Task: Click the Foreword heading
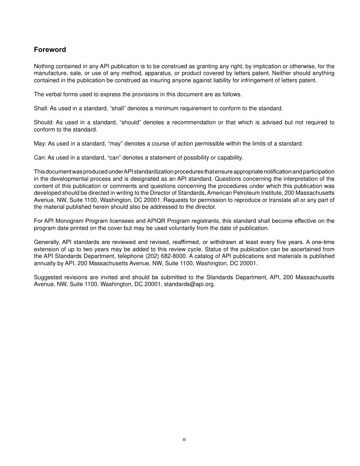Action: click(50, 50)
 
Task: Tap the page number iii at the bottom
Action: click(184, 439)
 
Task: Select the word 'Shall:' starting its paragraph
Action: click(41, 108)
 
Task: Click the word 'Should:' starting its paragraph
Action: click(43, 122)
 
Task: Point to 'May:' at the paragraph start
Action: click(40, 144)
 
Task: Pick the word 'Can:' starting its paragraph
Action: click(40, 158)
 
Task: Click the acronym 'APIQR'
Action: click(156, 221)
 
